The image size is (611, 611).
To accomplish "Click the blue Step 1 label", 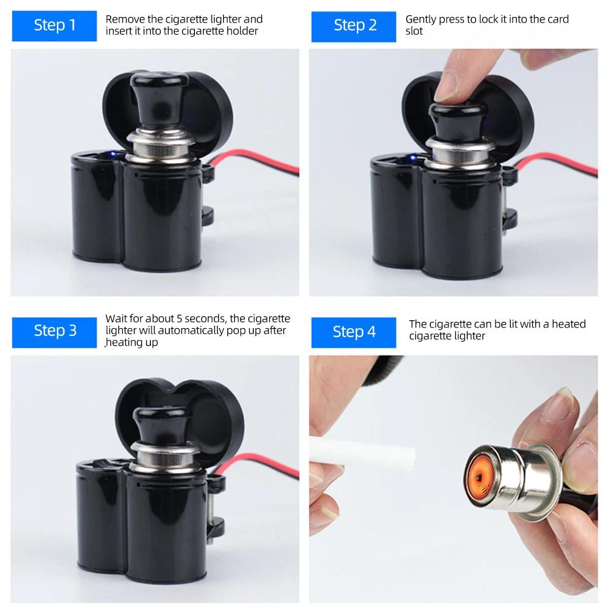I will (x=55, y=25).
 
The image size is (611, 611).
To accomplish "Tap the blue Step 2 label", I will (x=354, y=25).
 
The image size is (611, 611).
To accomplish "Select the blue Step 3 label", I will (x=55, y=331).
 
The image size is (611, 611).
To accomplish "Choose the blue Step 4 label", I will (x=354, y=332).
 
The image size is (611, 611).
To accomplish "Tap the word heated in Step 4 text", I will (x=568, y=324).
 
